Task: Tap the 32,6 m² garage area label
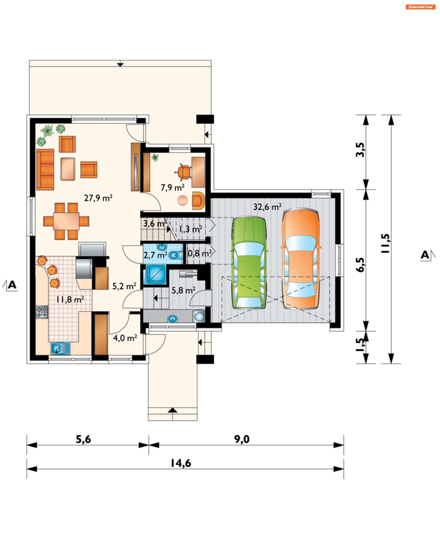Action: pyautogui.click(x=267, y=207)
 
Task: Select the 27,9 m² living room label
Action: pyautogui.click(x=98, y=198)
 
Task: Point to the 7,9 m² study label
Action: pyautogui.click(x=172, y=187)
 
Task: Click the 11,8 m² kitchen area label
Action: pyautogui.click(x=70, y=299)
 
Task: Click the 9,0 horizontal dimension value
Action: pyautogui.click(x=242, y=439)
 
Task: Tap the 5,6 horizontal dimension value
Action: pyautogui.click(x=83, y=439)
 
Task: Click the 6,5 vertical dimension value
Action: pyautogui.click(x=360, y=265)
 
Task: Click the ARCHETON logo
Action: pyautogui.click(x=420, y=7)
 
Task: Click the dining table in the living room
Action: pyautogui.click(x=66, y=221)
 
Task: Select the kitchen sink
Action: pyautogui.click(x=60, y=349)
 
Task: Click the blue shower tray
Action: pyautogui.click(x=156, y=275)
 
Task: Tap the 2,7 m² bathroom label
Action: pyautogui.click(x=155, y=255)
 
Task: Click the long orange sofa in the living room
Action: pyautogui.click(x=45, y=170)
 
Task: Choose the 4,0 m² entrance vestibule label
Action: pyautogui.click(x=125, y=338)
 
